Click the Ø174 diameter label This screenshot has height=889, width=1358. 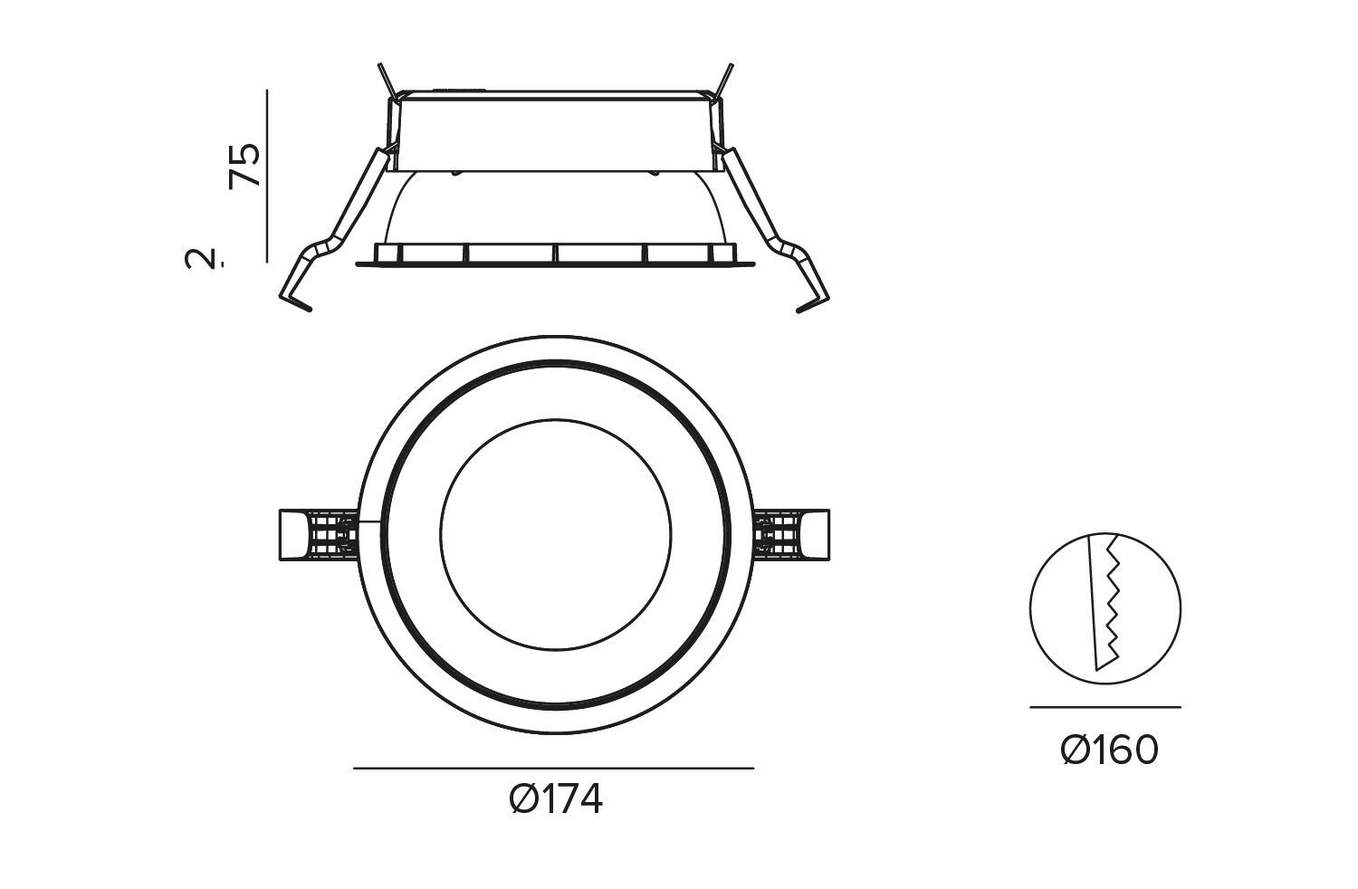point(556,800)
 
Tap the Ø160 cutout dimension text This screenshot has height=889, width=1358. point(1109,750)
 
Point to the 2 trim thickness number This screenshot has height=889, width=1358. point(202,258)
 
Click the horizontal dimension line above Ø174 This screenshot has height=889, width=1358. point(553,769)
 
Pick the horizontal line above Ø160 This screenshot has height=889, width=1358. point(1105,707)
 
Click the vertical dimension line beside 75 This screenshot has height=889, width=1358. point(267,176)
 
